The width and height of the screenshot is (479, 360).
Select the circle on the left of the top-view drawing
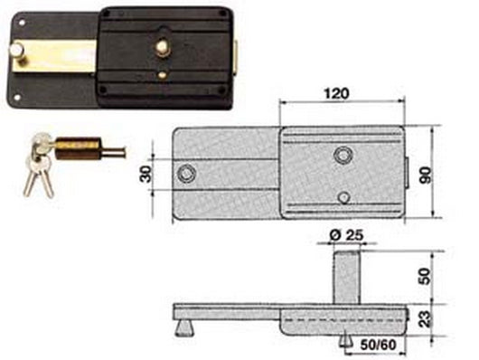pos(186,172)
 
